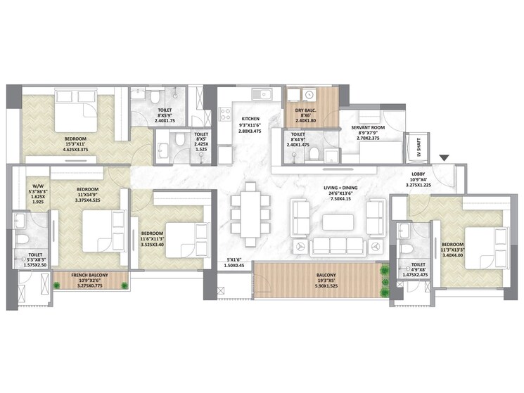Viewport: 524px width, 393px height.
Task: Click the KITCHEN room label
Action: pyautogui.click(x=250, y=119)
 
